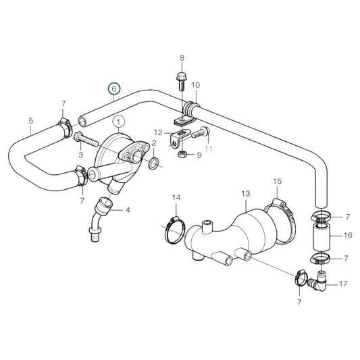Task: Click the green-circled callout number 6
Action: click(x=113, y=88)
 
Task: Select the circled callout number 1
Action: click(x=119, y=122)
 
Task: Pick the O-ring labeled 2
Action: click(x=154, y=163)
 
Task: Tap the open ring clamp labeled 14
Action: click(x=174, y=228)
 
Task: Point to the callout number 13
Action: click(x=245, y=193)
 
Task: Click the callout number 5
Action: click(x=31, y=122)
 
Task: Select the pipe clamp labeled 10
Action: click(x=190, y=106)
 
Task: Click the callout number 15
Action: click(x=277, y=182)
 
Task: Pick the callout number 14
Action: click(x=176, y=197)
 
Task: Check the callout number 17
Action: click(x=344, y=284)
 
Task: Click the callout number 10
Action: click(x=195, y=85)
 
